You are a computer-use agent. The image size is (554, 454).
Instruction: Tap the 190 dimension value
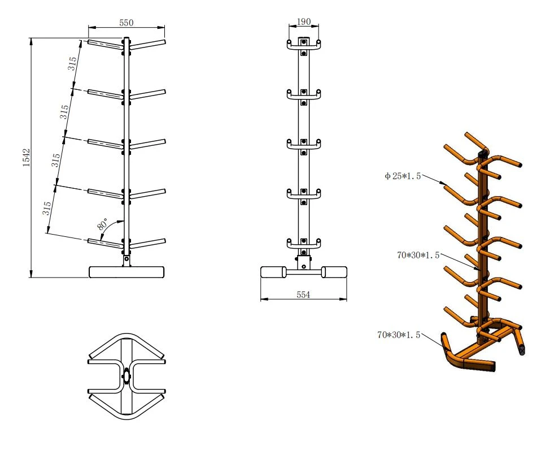(x=304, y=21)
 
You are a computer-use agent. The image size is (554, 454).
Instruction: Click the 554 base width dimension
(x=303, y=295)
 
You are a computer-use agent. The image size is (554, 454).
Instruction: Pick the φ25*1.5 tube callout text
(x=403, y=176)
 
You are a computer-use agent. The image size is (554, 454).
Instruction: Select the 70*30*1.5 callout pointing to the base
(x=399, y=335)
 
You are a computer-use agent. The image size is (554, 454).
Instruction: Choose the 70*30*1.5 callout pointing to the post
(x=418, y=256)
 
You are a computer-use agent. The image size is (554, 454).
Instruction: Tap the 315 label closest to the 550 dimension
(x=73, y=63)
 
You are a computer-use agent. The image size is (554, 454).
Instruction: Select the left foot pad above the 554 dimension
(x=273, y=272)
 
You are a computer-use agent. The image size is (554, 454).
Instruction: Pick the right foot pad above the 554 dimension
(x=334, y=272)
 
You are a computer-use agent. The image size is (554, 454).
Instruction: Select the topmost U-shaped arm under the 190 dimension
(x=304, y=47)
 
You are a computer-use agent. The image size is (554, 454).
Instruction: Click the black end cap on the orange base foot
(x=522, y=350)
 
